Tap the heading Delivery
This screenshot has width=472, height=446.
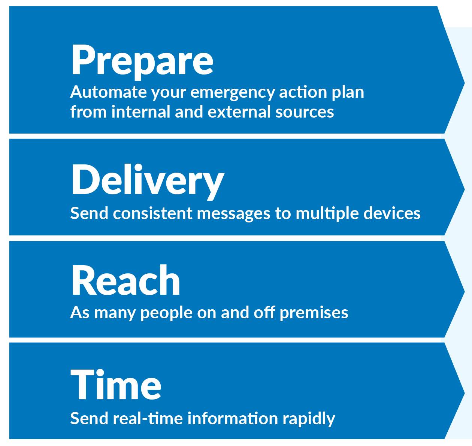click(x=148, y=180)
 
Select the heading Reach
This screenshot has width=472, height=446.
click(x=126, y=280)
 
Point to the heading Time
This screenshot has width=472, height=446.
click(x=116, y=385)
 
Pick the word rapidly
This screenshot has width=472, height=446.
click(x=309, y=419)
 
